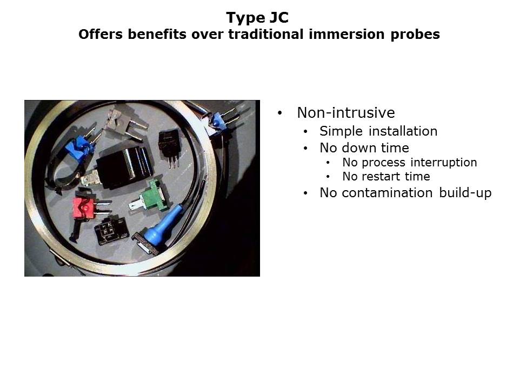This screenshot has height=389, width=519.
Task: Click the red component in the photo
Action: click(84, 207)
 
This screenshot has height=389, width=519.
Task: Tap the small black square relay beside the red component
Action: click(111, 231)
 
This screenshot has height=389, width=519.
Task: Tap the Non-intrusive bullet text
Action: click(346, 112)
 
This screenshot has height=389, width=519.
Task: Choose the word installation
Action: click(403, 131)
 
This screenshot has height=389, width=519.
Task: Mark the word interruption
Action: click(443, 163)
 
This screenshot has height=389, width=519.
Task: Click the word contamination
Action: click(387, 192)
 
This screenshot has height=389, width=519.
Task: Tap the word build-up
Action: click(465, 193)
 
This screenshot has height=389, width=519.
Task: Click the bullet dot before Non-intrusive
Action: click(280, 113)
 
